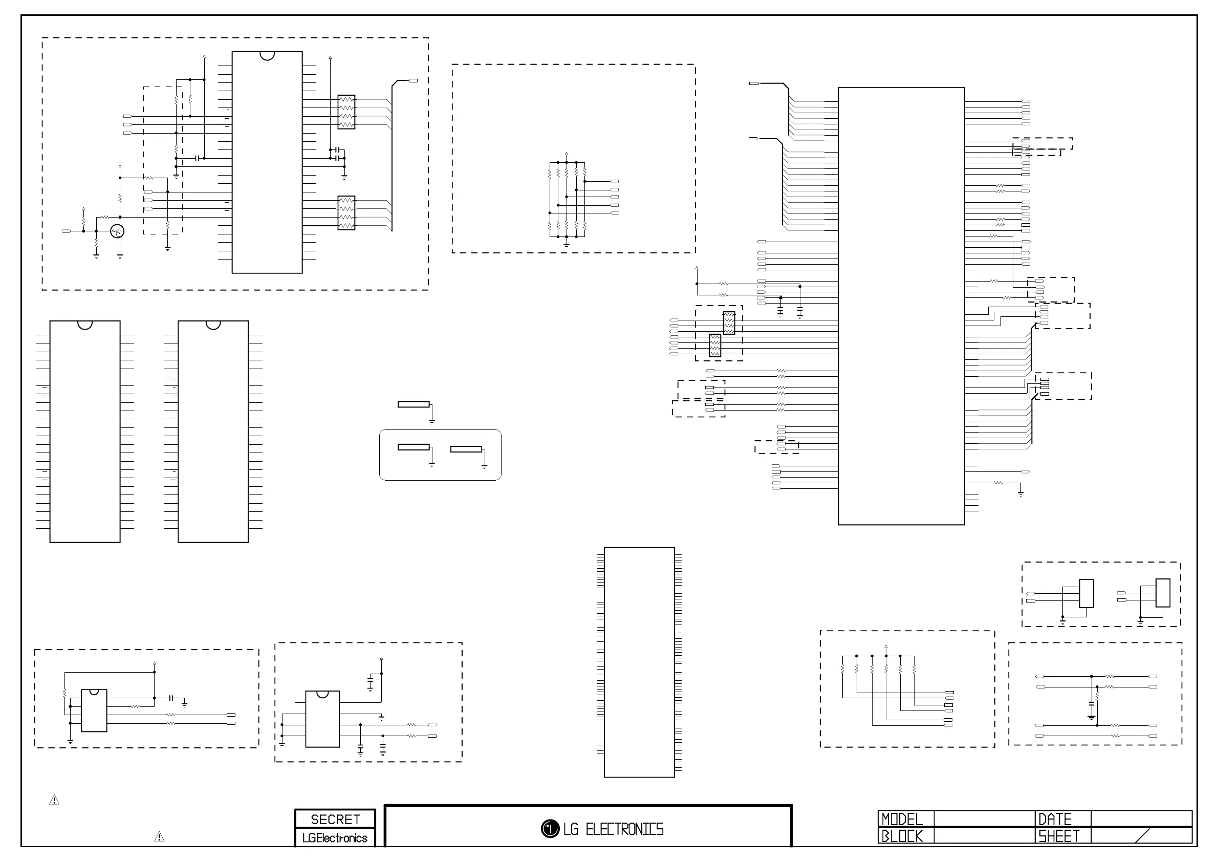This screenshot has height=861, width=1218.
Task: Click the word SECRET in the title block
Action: (x=335, y=820)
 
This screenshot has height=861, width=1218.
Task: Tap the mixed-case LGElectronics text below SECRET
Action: (x=335, y=838)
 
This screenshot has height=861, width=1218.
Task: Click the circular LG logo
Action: (x=550, y=828)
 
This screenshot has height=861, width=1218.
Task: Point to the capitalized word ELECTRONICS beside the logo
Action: (x=624, y=829)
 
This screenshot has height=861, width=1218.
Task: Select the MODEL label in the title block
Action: (x=902, y=819)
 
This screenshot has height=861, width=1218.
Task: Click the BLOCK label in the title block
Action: (x=902, y=836)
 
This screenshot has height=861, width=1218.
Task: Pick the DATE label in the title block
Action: (x=1055, y=819)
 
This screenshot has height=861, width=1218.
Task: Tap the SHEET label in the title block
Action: (x=1059, y=836)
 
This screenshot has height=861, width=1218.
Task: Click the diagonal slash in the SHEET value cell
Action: (x=1142, y=835)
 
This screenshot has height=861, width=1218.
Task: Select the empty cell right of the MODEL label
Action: (x=984, y=819)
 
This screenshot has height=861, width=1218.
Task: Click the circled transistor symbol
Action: (x=117, y=231)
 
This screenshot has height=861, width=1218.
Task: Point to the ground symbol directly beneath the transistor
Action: (x=120, y=256)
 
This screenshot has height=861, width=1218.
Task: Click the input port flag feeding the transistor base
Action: (x=67, y=231)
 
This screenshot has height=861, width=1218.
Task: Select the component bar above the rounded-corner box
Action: (x=414, y=405)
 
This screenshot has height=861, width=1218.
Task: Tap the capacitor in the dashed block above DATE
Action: (x=1091, y=705)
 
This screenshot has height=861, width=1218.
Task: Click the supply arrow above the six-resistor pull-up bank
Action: (x=886, y=647)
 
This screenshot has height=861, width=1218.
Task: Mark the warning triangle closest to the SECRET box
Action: (x=159, y=837)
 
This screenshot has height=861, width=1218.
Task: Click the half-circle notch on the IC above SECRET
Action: (x=322, y=694)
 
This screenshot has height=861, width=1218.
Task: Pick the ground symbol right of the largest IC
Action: (x=1020, y=493)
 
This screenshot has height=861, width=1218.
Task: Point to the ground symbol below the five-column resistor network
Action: (x=567, y=246)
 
